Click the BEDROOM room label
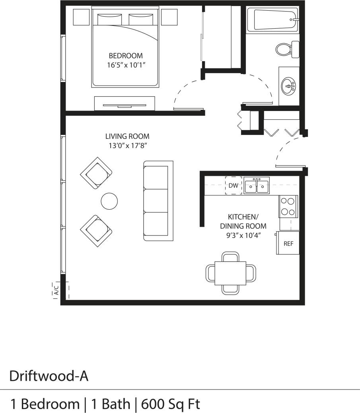125,56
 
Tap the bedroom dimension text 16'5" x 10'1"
125,65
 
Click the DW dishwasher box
233,185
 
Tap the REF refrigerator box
288,243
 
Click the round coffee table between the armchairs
109,201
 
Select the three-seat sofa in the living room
158,201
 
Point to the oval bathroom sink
288,85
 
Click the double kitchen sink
257,186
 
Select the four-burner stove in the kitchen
288,206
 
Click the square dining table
230,273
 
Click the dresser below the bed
125,103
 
